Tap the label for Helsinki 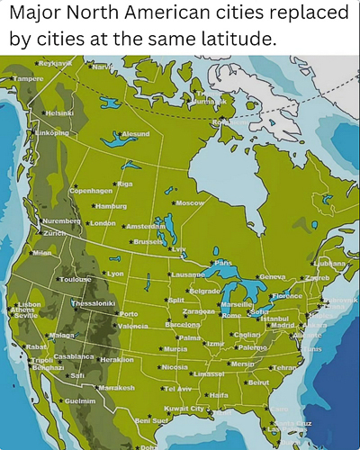click(59, 113)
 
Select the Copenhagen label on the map click(91, 191)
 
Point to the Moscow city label click(191, 203)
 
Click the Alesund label click(134, 134)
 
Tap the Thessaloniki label click(94, 303)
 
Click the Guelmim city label click(80, 400)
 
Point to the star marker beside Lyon click(103, 274)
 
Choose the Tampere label click(27, 79)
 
